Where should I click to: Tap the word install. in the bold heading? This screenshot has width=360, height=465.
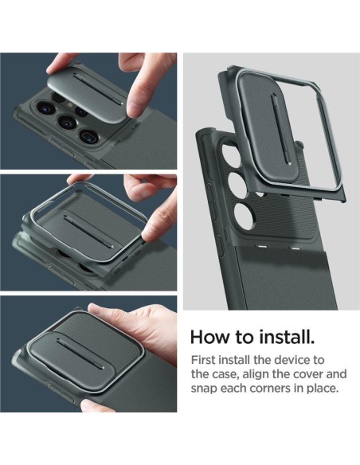tap(285, 337)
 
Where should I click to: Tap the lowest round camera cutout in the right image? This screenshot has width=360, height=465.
tap(244, 216)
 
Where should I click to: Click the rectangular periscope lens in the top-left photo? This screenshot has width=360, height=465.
tap(89, 137)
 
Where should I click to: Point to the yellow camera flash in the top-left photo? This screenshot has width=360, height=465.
tap(71, 104)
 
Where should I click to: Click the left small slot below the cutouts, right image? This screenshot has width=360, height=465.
tap(263, 247)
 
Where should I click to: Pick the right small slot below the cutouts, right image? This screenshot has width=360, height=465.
tap(295, 248)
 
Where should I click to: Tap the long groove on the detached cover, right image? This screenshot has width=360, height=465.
tap(280, 129)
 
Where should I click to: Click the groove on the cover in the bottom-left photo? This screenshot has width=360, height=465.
tap(81, 354)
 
